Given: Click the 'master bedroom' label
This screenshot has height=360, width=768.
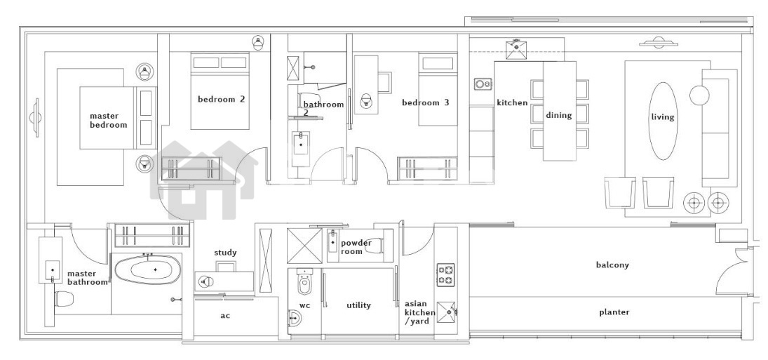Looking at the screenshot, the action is (x=108, y=120).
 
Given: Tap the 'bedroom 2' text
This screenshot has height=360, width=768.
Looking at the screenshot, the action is (x=221, y=99).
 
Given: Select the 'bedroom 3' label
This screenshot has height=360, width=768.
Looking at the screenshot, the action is (x=425, y=102).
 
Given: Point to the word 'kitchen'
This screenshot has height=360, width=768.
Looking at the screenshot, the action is (x=512, y=102).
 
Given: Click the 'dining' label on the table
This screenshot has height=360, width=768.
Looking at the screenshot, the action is (x=559, y=115).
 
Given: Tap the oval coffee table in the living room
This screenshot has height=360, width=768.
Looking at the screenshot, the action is (x=663, y=121).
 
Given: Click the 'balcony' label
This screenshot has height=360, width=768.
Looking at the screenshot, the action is (x=612, y=265).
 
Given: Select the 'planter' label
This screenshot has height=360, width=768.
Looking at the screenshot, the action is (x=614, y=312).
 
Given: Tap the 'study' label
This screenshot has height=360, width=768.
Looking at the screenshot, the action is (x=225, y=253).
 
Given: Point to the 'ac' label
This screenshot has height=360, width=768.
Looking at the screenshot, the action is (x=225, y=315).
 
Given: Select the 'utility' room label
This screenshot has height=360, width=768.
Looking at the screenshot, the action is (x=358, y=305).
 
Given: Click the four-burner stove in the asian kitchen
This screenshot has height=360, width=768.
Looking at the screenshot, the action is (x=445, y=275).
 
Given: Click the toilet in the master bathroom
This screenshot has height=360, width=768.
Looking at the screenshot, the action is (x=64, y=298).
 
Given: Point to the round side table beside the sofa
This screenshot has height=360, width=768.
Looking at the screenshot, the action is (x=699, y=95).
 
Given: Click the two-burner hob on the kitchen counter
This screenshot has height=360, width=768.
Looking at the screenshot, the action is (x=483, y=84).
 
